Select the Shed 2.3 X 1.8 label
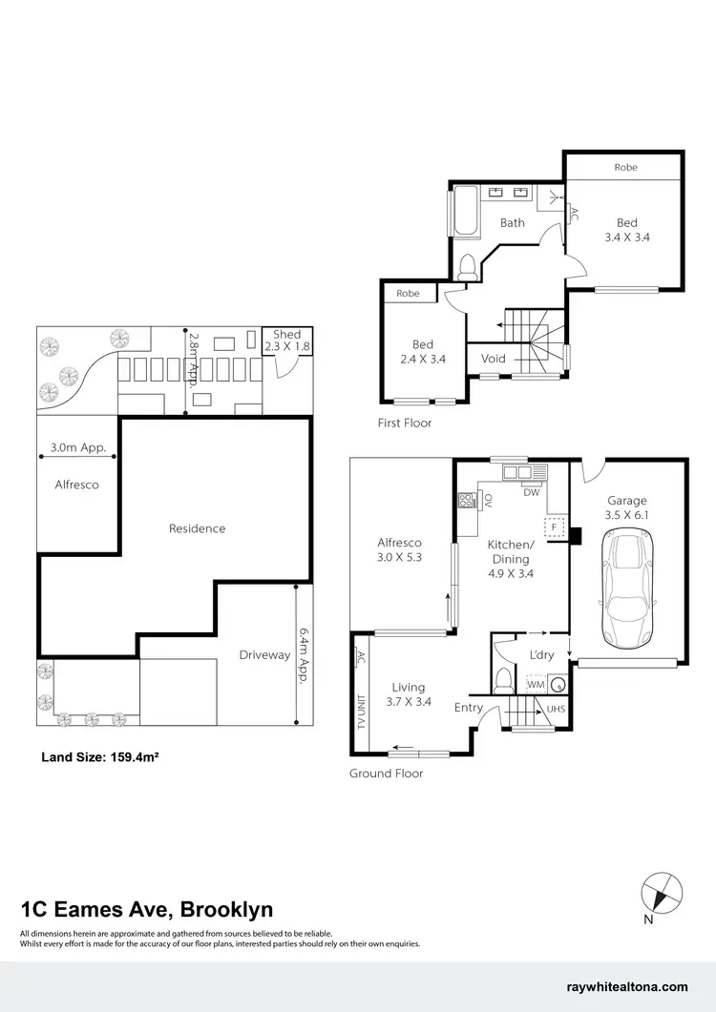tap(286, 341)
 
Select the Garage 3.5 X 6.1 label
tap(627, 507)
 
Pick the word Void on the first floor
tap(494, 359)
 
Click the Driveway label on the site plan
tap(264, 654)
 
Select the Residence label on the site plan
tap(197, 528)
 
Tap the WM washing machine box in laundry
tap(536, 684)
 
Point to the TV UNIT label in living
tap(360, 712)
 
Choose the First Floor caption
tap(405, 423)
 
